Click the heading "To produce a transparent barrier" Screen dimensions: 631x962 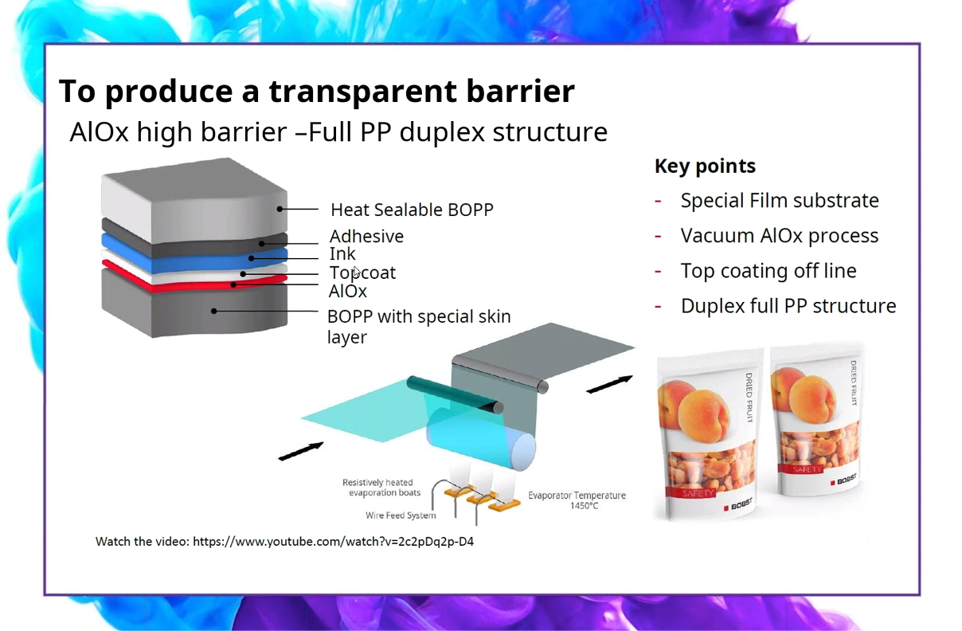point(316,92)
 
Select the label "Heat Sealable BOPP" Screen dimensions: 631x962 point(412,210)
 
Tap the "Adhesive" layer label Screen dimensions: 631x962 point(366,236)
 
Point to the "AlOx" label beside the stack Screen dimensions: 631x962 point(347,291)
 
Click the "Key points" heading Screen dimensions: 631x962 point(705,166)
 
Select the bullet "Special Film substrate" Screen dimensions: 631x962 point(779,201)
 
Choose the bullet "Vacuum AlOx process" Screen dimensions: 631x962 point(779,236)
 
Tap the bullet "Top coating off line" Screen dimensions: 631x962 point(768,271)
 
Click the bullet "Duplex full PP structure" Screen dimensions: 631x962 point(788,306)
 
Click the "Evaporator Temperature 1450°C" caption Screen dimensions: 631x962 point(577,500)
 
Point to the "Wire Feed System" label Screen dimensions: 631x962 point(401,515)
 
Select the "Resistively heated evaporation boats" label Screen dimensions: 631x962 point(378,488)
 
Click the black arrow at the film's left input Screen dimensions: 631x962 point(300,451)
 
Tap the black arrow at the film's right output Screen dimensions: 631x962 point(609,384)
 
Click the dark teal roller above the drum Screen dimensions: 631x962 point(454,394)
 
